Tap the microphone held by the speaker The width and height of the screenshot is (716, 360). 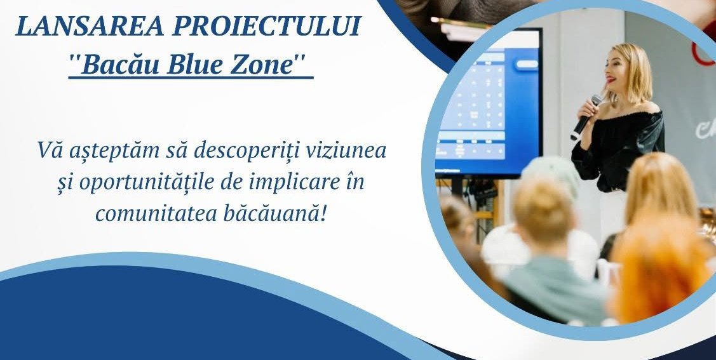point(585,117)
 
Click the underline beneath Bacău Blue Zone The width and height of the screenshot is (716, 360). point(191,79)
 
